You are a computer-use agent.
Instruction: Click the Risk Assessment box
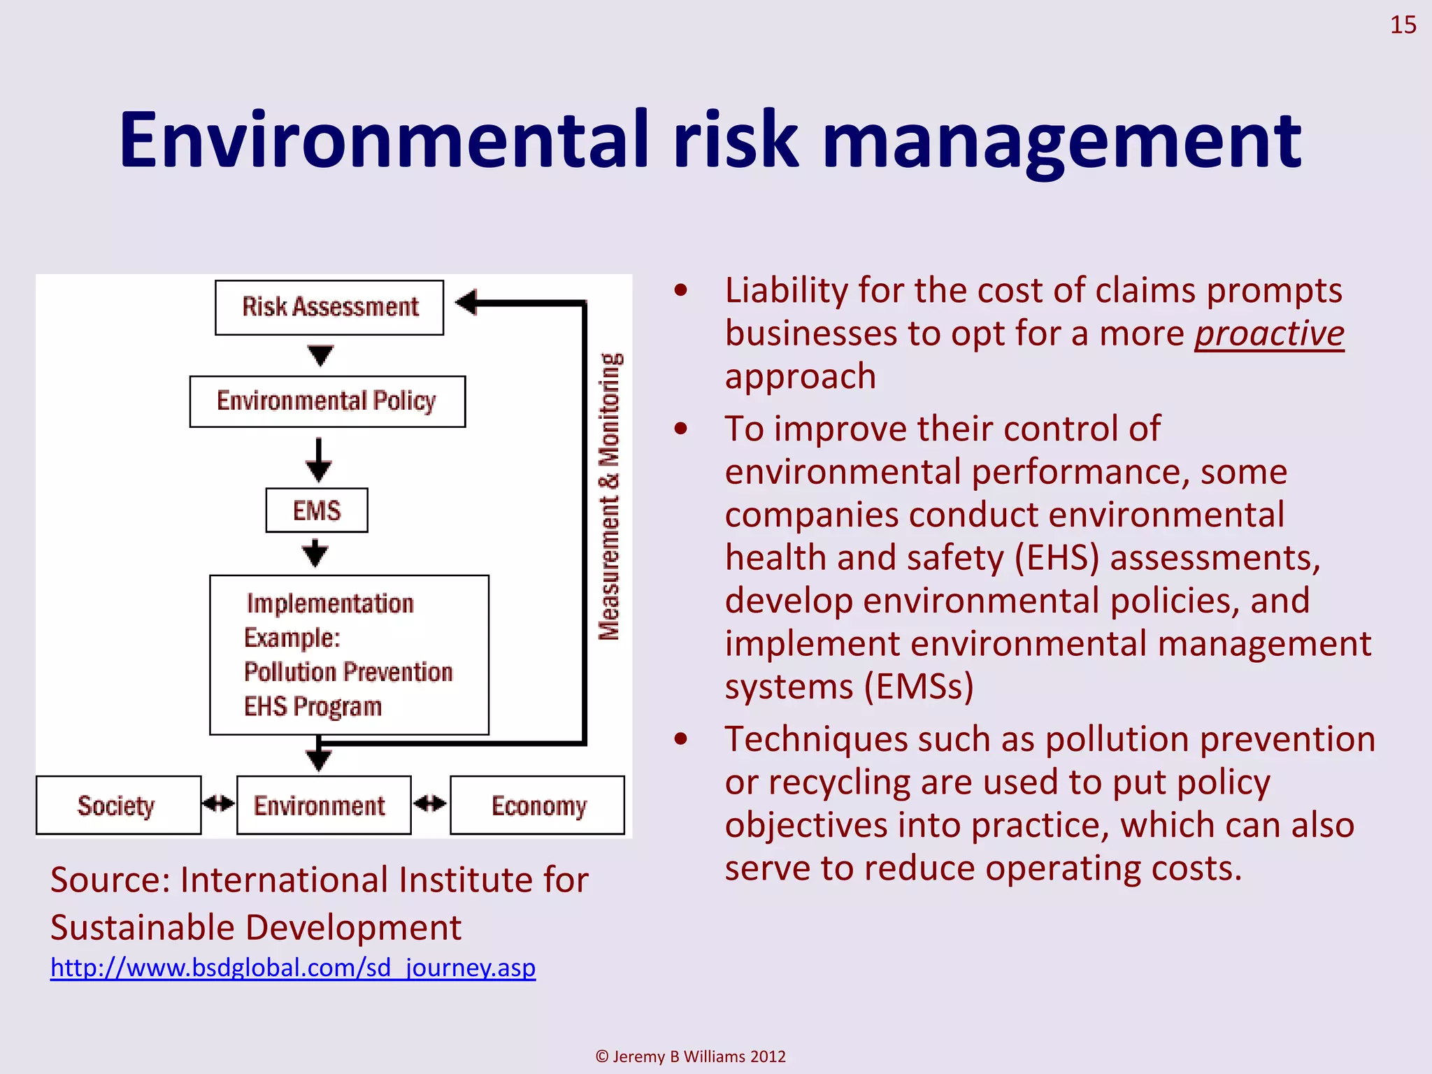329,308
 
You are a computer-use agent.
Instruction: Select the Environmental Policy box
327,401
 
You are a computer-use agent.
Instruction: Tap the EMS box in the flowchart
317,510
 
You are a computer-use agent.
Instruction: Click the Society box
118,805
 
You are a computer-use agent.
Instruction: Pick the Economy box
537,805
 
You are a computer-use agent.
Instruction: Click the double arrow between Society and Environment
219,804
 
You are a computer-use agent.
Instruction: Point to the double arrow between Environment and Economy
430,804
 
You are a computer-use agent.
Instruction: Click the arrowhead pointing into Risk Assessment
467,303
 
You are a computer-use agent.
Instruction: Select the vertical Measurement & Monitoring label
609,496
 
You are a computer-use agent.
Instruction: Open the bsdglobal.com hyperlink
293,968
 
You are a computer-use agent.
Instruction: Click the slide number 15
1403,25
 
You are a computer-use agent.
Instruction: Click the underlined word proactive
1269,334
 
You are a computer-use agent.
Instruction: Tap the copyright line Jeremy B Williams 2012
691,1057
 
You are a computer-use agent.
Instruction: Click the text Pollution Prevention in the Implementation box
348,673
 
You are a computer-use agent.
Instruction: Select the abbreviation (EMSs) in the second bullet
919,687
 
